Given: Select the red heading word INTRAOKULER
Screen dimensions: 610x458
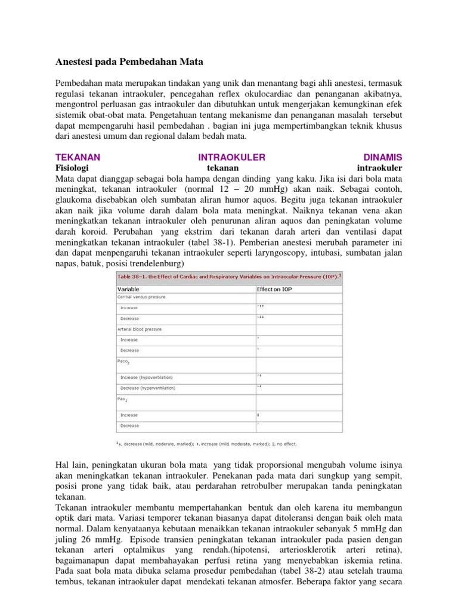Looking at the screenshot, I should pos(231,157).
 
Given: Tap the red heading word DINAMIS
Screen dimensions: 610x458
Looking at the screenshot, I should pos(382,157).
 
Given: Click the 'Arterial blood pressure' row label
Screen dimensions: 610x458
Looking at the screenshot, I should pos(140,329).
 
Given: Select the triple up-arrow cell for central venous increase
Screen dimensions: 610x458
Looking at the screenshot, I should pos(261,307).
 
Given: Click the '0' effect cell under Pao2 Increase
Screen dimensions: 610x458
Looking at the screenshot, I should pos(258,415).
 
